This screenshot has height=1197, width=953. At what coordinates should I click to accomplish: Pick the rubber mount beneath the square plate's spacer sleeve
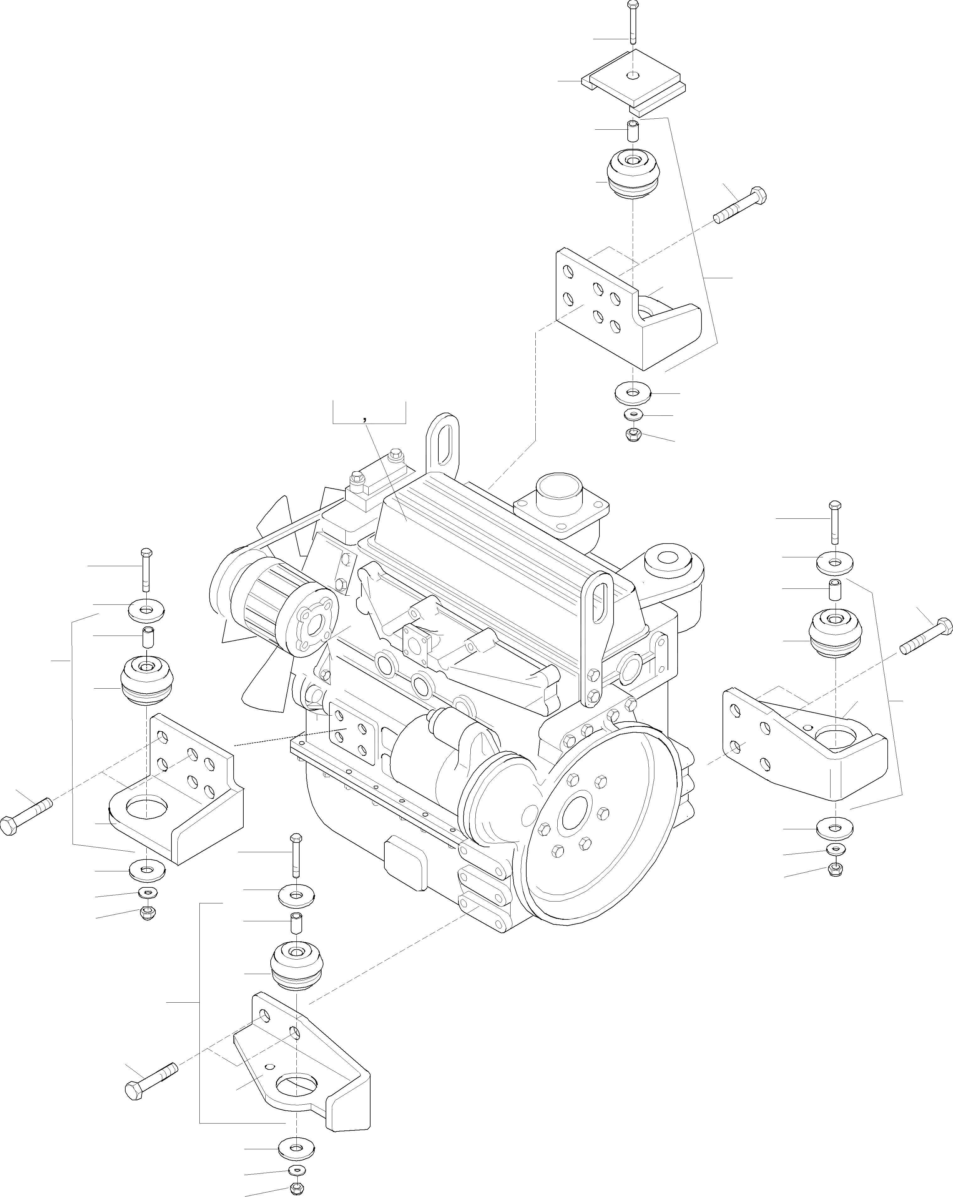[632, 173]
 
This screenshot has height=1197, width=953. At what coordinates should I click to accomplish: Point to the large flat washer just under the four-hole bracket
[834, 844]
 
